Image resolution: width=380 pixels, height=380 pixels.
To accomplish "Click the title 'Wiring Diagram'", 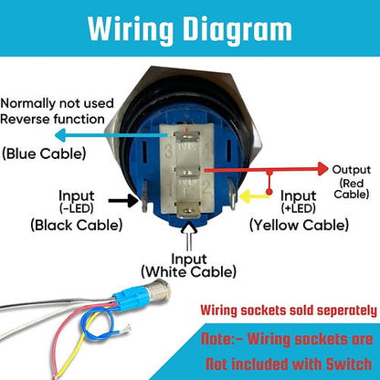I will pyautogui.click(x=189, y=30).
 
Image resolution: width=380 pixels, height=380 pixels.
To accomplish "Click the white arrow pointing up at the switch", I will pyautogui.click(x=189, y=238).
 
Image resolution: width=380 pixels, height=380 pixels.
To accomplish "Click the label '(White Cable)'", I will pyautogui.click(x=190, y=271).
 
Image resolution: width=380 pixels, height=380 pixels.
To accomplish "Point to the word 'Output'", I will pyautogui.click(x=351, y=169).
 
